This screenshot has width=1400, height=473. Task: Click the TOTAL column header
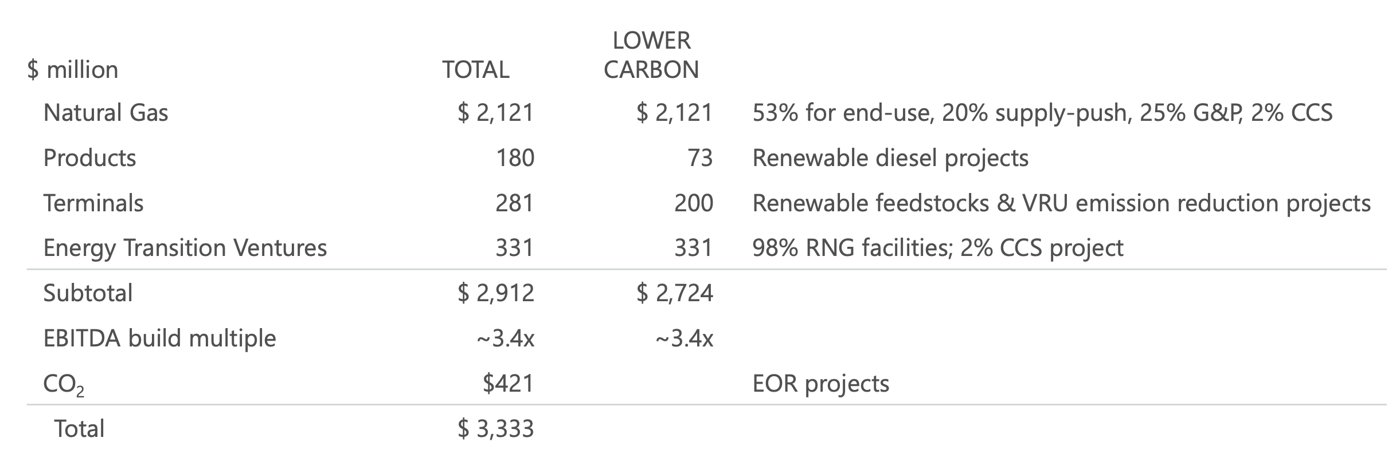(x=475, y=70)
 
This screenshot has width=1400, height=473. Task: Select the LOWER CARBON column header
(x=651, y=56)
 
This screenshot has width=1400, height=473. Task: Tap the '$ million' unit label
(x=73, y=70)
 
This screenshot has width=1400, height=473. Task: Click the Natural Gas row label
(x=105, y=112)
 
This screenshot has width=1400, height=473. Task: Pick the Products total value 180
(x=515, y=157)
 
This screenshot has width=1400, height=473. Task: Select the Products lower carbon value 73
(x=700, y=157)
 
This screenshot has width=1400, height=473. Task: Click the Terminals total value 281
(x=514, y=203)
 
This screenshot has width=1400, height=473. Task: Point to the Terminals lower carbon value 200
(x=693, y=203)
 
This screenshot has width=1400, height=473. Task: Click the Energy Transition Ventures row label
(x=185, y=248)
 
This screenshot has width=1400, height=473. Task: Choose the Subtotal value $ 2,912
(x=496, y=293)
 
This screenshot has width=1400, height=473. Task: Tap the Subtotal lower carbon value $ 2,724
(x=675, y=293)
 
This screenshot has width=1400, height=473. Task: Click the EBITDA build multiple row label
(x=159, y=338)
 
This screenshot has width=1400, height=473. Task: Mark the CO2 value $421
(x=508, y=383)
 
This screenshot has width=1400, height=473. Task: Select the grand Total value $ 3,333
(x=496, y=428)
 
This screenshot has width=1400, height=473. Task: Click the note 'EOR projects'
(x=820, y=383)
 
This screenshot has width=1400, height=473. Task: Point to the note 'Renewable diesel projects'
(x=890, y=157)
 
